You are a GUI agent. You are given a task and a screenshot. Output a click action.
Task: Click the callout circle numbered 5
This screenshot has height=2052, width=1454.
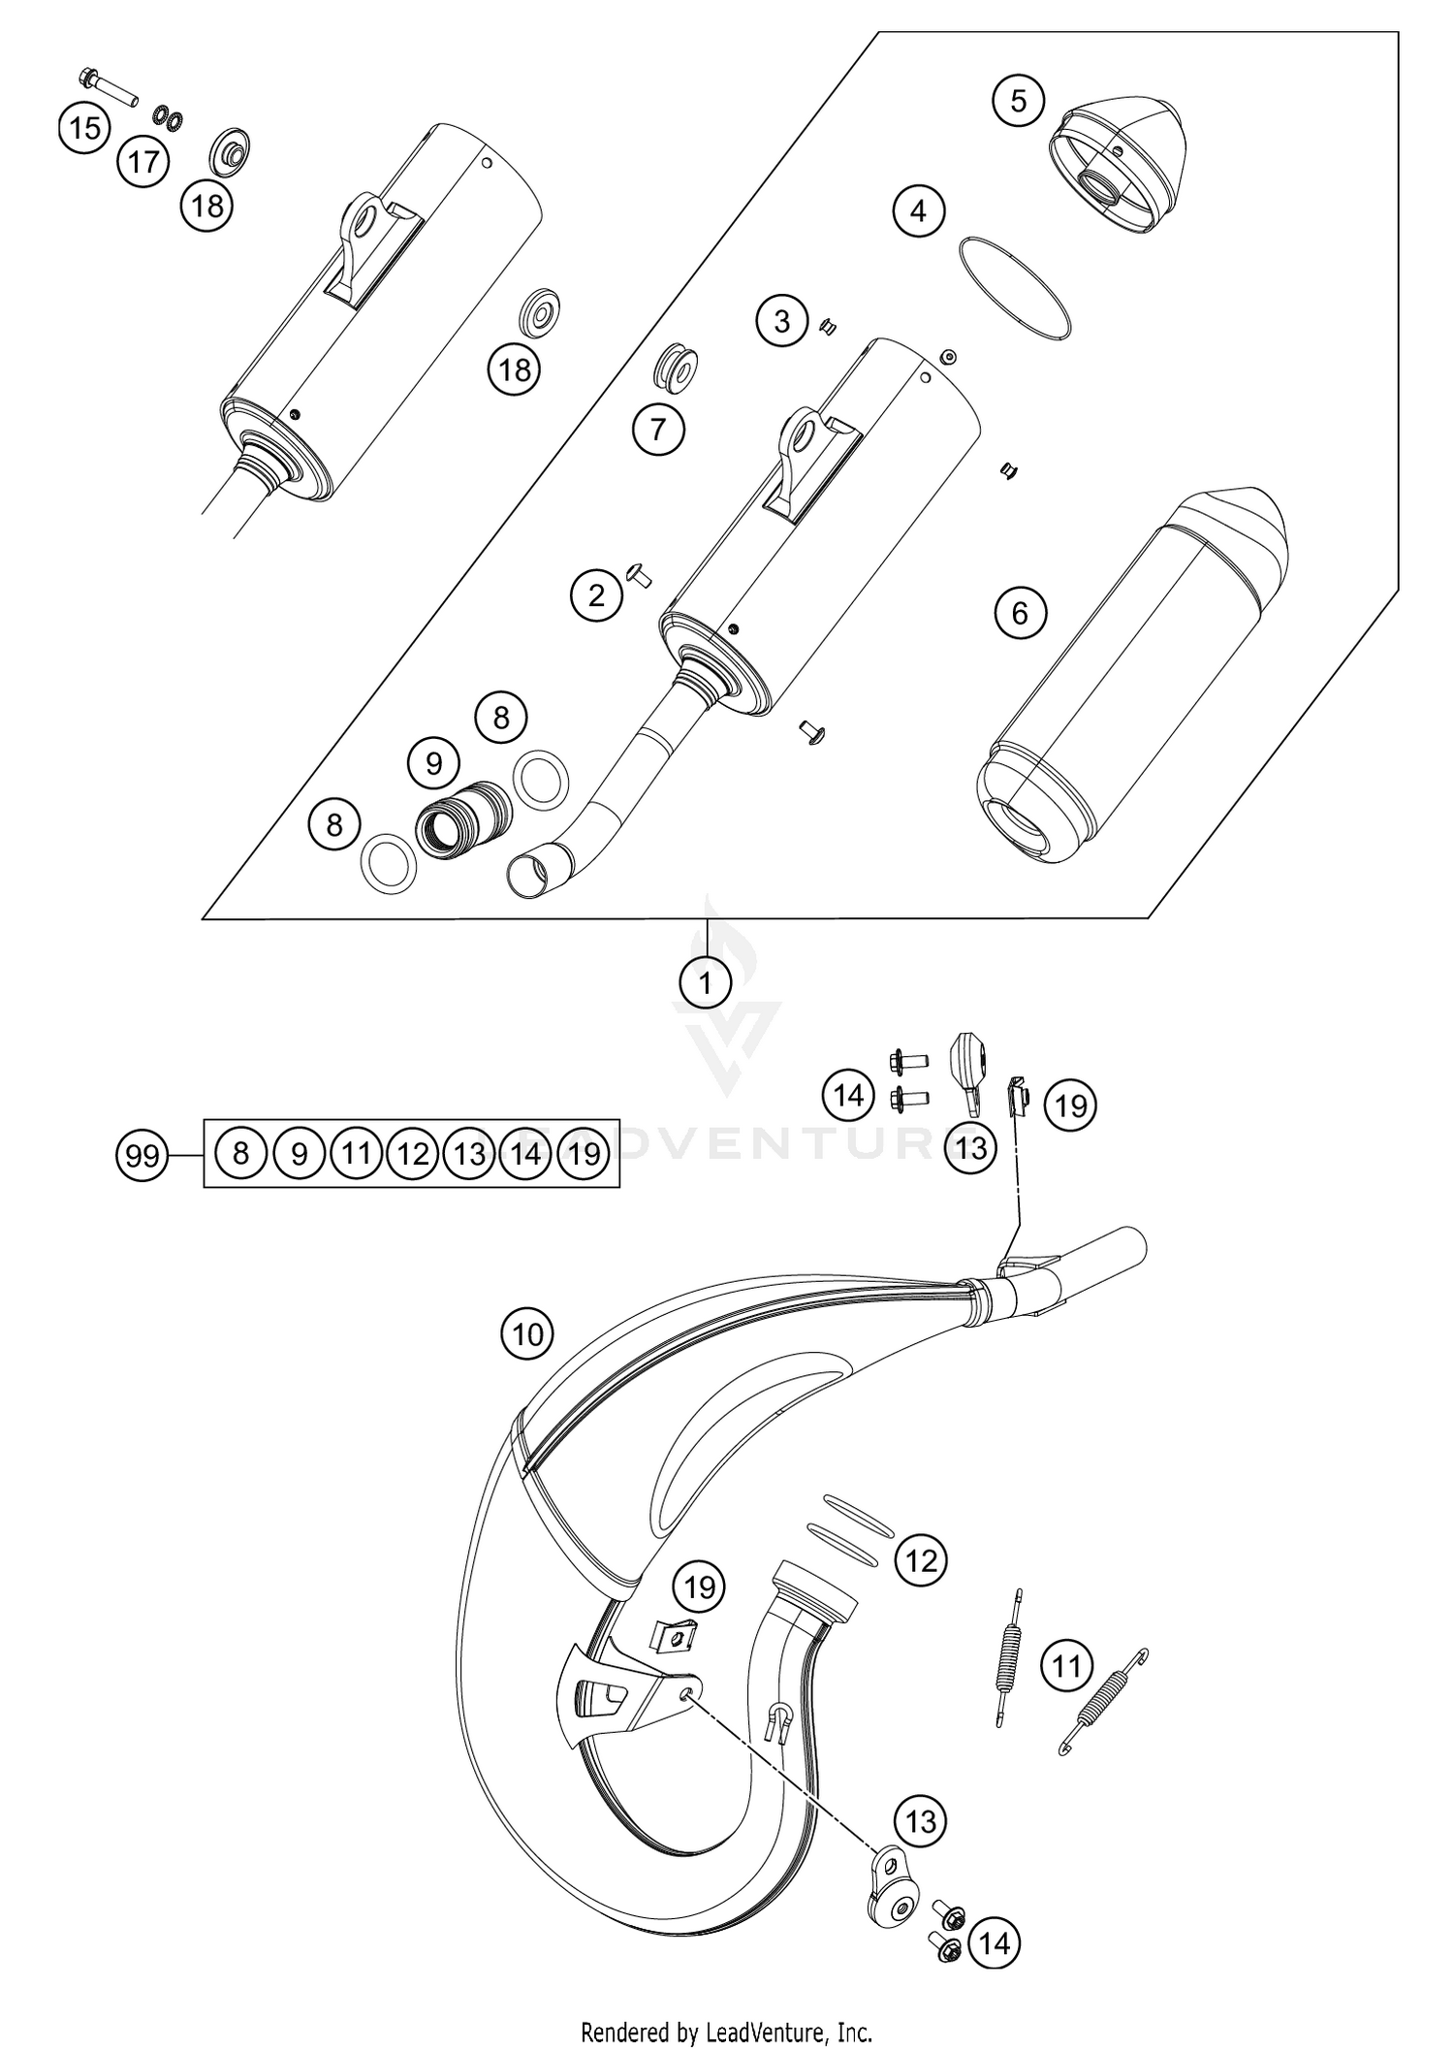coord(1018,101)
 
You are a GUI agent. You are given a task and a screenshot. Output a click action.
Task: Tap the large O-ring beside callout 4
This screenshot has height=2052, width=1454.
coord(1014,288)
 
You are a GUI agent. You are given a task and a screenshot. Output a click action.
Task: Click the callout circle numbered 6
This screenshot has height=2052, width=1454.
coord(1020,613)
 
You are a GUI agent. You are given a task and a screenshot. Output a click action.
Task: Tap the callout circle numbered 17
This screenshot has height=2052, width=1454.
coord(143,162)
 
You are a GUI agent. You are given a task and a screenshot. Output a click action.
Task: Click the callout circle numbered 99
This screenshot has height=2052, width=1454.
coord(142,1156)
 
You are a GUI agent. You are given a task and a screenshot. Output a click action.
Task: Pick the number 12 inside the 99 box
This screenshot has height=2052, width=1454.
coord(413,1153)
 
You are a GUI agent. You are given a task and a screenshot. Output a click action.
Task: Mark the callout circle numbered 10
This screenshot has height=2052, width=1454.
coord(527,1335)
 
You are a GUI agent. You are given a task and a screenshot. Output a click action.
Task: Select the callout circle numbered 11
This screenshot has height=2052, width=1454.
coord(1066,1667)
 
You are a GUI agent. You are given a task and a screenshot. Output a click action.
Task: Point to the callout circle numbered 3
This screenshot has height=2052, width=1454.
coord(782,321)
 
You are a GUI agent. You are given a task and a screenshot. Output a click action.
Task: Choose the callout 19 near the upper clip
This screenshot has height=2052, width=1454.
coord(1070,1106)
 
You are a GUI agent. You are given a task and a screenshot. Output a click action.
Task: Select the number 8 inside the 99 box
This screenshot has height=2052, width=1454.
coord(241,1153)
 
